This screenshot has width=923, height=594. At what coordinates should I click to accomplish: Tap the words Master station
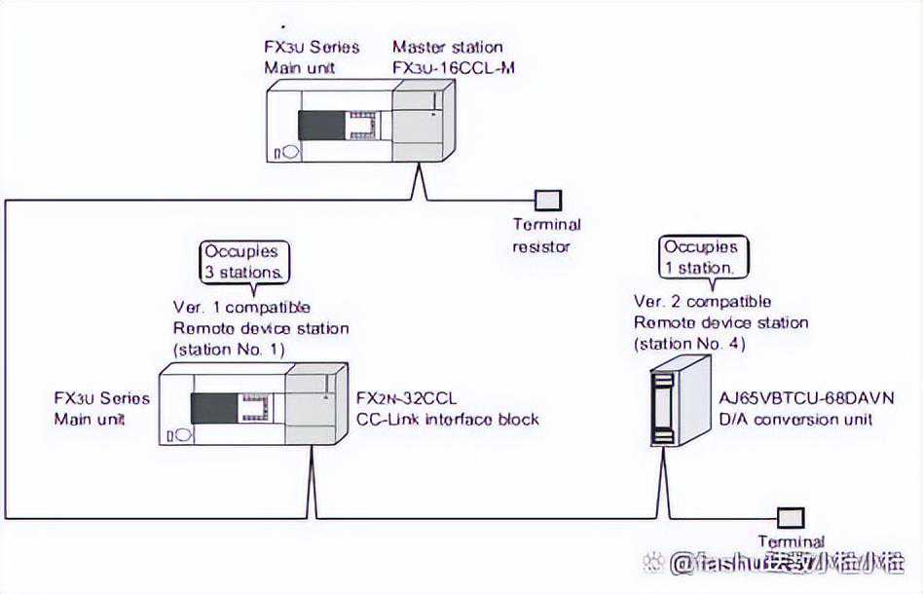(448, 47)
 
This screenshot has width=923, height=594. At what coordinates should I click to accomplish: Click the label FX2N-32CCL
(406, 398)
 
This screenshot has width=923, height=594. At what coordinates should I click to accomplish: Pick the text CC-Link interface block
(448, 419)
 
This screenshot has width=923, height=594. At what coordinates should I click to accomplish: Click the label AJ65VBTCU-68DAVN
(806, 398)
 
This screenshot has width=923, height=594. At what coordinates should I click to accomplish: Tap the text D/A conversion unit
(795, 419)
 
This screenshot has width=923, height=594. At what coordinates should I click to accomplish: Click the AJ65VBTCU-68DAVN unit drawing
(681, 398)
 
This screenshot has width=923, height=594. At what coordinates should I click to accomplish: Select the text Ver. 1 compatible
(240, 308)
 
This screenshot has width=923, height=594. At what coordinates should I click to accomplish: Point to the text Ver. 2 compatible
(702, 301)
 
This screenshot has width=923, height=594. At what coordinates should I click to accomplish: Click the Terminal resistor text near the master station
(546, 235)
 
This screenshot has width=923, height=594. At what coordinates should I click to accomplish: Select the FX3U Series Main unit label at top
(312, 56)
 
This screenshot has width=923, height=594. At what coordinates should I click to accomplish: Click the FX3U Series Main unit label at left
(102, 408)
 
